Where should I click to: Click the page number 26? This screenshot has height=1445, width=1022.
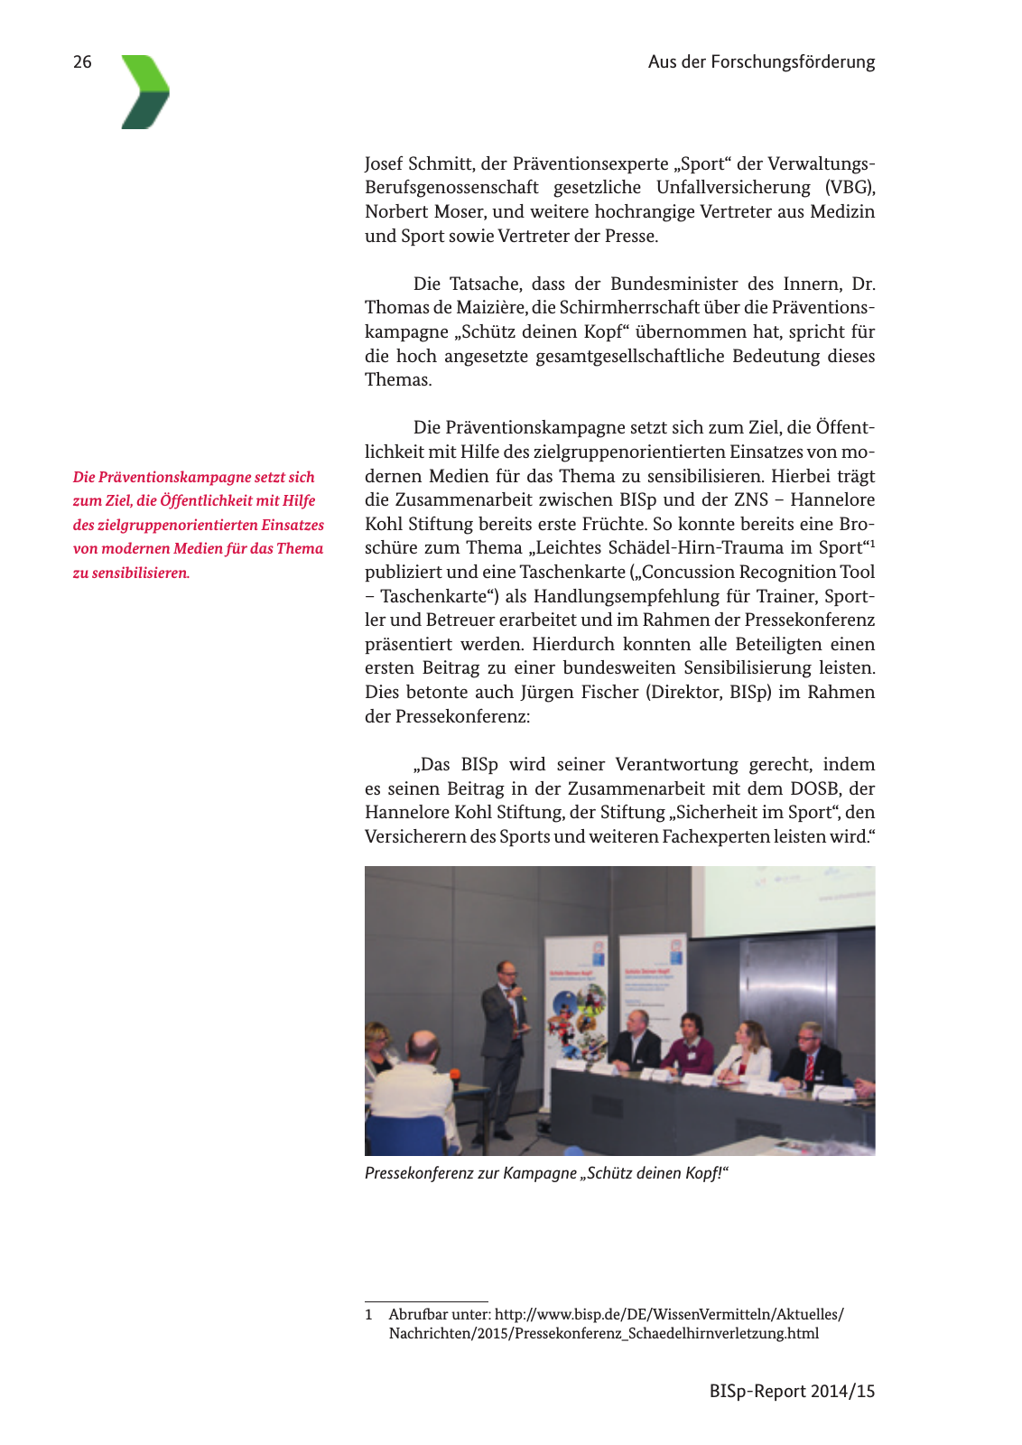click(x=82, y=62)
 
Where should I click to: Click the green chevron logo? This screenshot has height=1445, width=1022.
click(x=145, y=92)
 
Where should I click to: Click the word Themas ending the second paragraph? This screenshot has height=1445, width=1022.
click(x=397, y=380)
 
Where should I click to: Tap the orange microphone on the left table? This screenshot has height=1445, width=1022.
click(x=454, y=1075)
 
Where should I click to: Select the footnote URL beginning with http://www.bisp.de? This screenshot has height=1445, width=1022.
click(x=669, y=1315)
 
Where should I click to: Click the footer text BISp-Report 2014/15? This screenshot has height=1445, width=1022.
click(x=792, y=1392)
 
